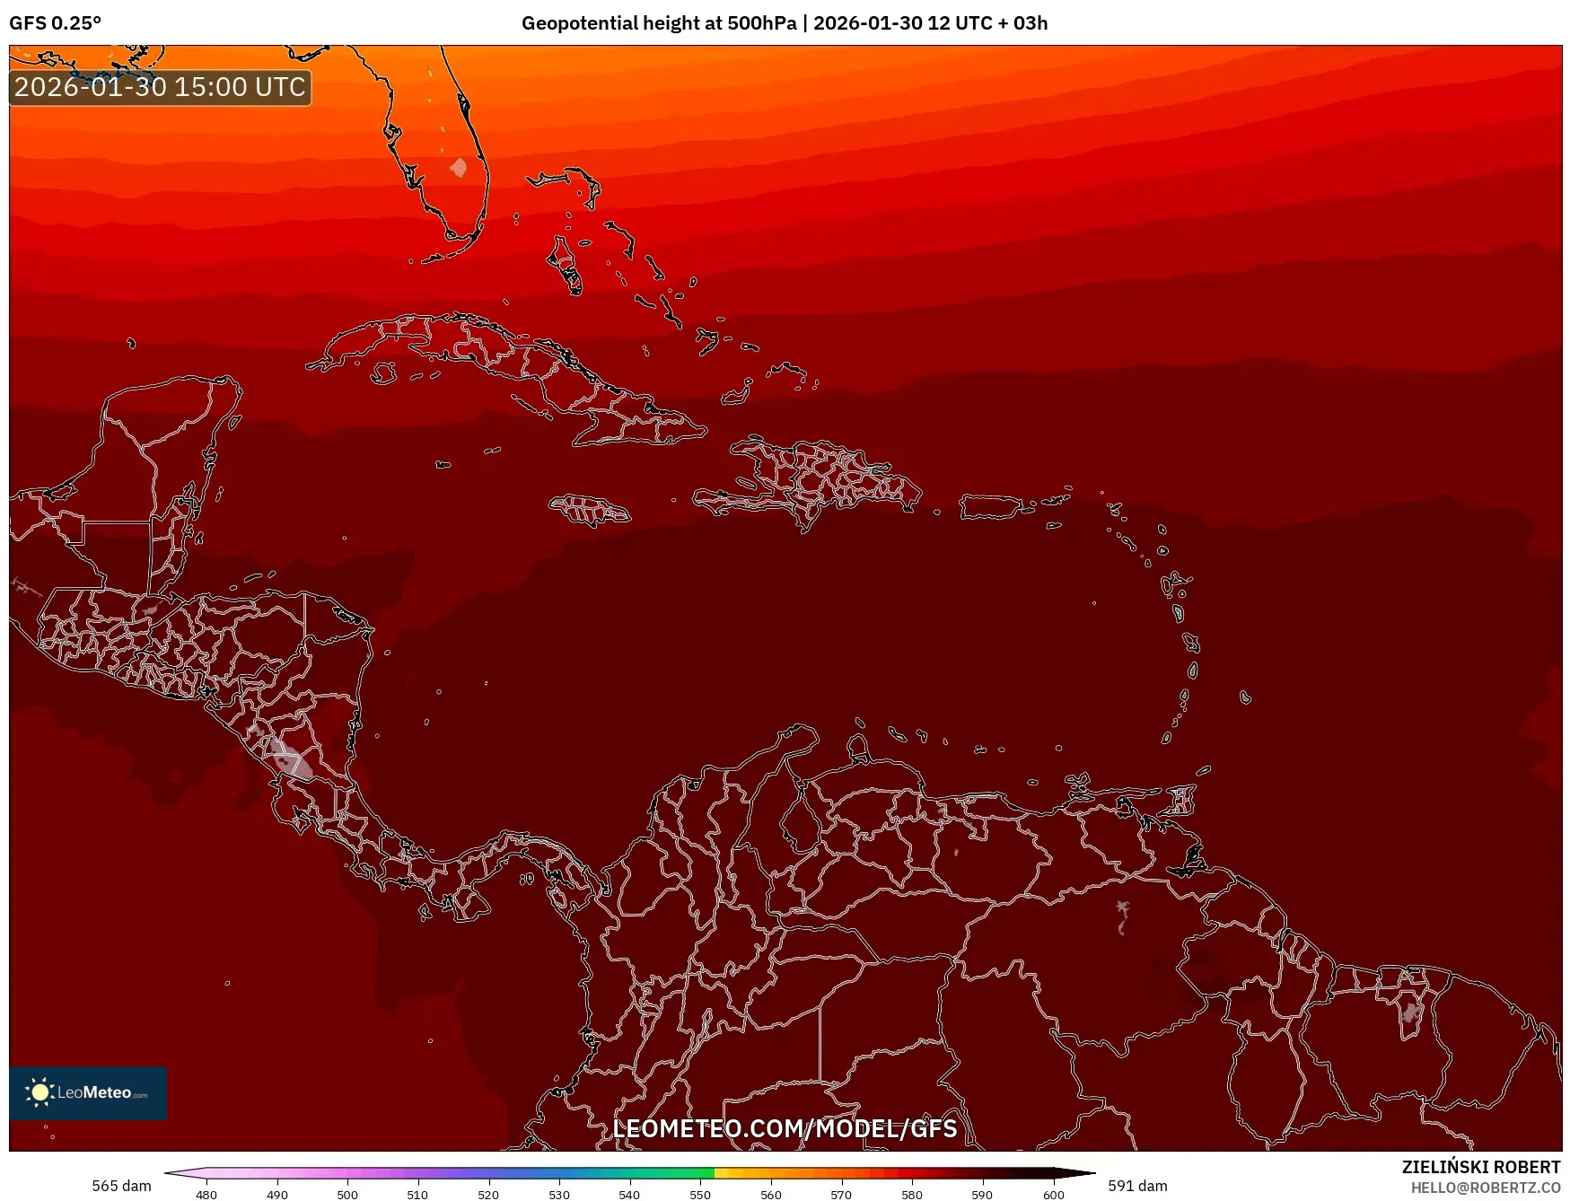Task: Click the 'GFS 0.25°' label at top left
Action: [x=55, y=23]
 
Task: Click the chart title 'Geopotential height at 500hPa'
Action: [x=658, y=23]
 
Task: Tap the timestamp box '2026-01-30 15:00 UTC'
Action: [x=160, y=87]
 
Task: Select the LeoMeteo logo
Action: [x=88, y=1092]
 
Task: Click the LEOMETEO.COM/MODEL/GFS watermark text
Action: [x=785, y=1128]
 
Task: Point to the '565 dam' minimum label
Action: [x=121, y=1186]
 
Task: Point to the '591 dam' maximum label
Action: [x=1137, y=1186]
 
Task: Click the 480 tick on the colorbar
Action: [x=206, y=1194]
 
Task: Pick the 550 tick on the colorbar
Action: [x=700, y=1194]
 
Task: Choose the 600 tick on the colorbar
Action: [x=1054, y=1194]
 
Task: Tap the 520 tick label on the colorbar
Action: [x=488, y=1194]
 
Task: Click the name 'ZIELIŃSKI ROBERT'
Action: [x=1481, y=1167]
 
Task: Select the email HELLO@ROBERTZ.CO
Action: [x=1486, y=1188]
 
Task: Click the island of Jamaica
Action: [x=590, y=510]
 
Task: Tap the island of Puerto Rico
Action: [x=991, y=507]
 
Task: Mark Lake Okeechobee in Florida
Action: [x=459, y=168]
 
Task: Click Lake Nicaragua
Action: [x=289, y=755]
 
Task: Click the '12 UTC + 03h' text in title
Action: [x=987, y=23]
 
